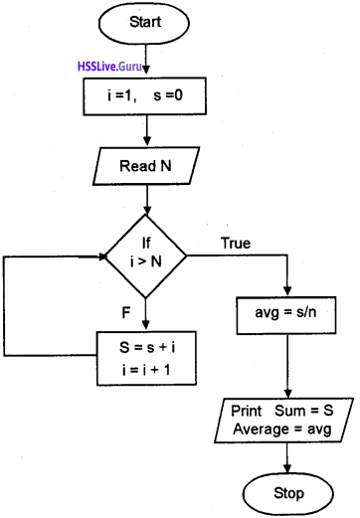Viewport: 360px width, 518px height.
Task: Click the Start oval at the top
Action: (145, 21)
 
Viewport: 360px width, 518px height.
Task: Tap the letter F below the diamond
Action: (126, 311)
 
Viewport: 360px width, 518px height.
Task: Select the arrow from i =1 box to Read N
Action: (145, 129)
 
